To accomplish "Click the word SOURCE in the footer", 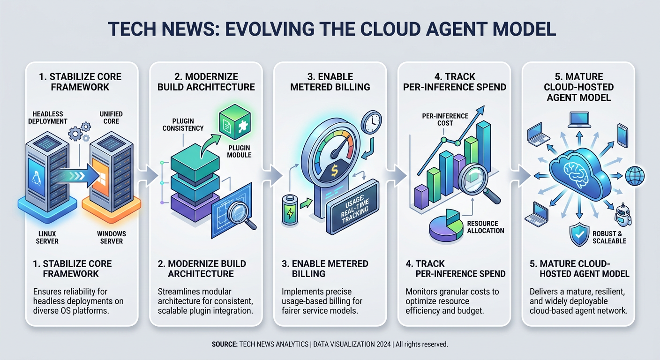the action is (x=225, y=344).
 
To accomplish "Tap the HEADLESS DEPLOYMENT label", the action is (x=48, y=118).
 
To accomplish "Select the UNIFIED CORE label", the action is (x=111, y=118).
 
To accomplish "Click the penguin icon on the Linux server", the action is (x=36, y=178).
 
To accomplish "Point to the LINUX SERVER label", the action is (x=47, y=238).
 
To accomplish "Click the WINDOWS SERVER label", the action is (x=112, y=238).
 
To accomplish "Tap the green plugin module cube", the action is (x=235, y=122).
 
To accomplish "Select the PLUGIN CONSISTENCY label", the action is (x=183, y=125).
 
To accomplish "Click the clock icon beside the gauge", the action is (x=371, y=122).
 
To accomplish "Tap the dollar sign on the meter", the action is (x=334, y=171).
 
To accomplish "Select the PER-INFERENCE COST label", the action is (x=445, y=120).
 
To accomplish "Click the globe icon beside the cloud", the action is (x=635, y=176).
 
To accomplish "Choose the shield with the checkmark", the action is (x=579, y=234).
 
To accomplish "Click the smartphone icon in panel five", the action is (x=623, y=135).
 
